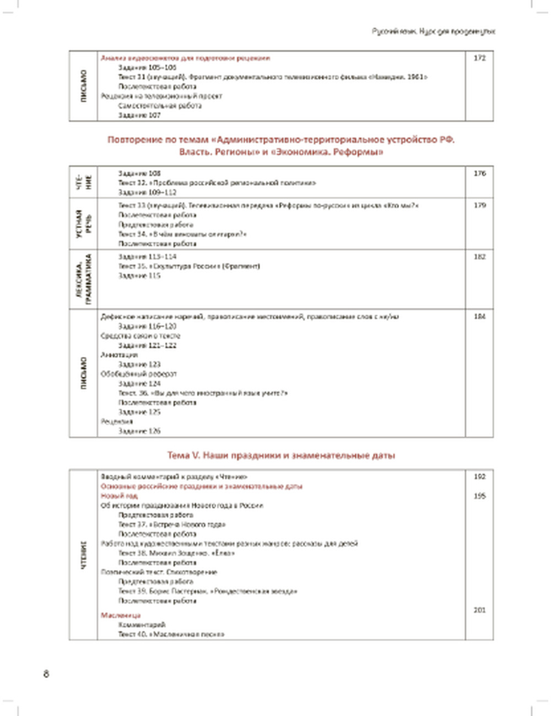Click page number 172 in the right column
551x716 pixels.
[x=479, y=58]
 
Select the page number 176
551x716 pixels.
[x=479, y=173]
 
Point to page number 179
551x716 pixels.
[x=479, y=205]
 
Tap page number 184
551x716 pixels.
[x=479, y=317]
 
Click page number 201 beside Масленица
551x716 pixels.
[x=479, y=610]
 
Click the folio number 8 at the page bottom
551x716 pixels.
[x=46, y=674]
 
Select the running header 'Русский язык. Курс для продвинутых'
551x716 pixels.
[x=434, y=32]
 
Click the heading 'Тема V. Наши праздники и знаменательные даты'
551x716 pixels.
[x=281, y=455]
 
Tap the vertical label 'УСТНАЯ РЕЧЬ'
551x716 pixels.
[x=83, y=224]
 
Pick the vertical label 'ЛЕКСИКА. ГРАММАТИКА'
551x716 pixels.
[x=83, y=280]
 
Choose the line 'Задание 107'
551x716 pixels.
[x=139, y=115]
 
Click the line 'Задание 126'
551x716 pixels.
[x=139, y=431]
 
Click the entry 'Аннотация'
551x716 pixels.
[x=119, y=355]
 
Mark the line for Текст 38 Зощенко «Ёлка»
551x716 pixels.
[x=176, y=553]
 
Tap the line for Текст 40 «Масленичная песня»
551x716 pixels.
[x=171, y=634]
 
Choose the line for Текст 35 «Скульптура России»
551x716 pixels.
[x=189, y=267]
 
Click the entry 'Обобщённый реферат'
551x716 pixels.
[x=139, y=374]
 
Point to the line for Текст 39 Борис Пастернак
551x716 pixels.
[x=208, y=591]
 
